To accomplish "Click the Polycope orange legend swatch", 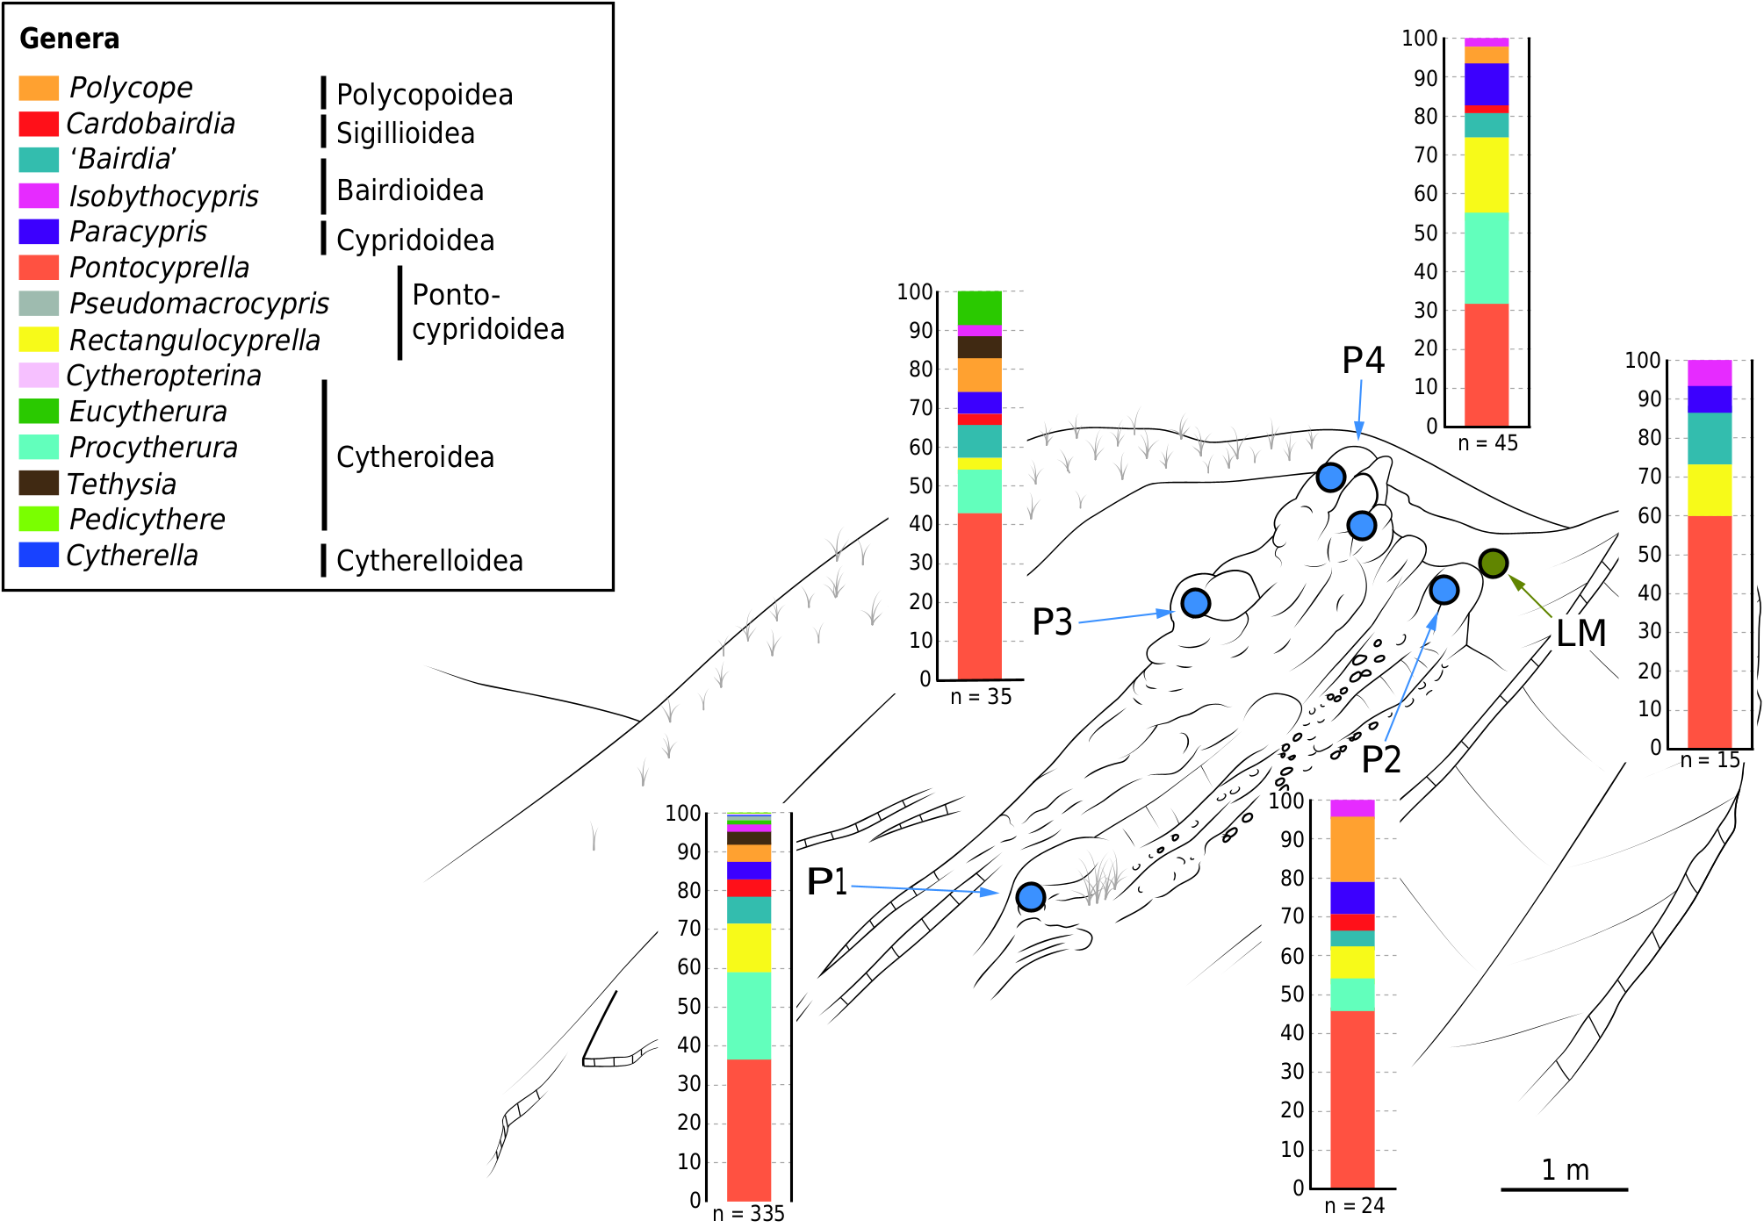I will coord(39,88).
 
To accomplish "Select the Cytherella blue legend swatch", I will coord(39,555).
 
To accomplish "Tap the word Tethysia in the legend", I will coord(122,484).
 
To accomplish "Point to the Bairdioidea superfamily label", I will coord(410,190).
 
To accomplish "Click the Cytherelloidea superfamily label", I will coord(429,561).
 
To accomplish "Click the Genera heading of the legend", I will coord(69,39).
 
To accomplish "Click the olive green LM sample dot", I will coord(1493,563).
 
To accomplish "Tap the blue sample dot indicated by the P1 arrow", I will coord(1030,896).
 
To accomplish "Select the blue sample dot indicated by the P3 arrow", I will coord(1195,603).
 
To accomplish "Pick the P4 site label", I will coord(1363,361).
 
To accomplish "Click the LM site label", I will coord(1580,633).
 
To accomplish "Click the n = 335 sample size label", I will coord(748,1213).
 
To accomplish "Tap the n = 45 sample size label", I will coord(1487,443).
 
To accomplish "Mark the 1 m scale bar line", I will coord(1564,1189).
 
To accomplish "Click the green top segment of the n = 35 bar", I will coord(979,307).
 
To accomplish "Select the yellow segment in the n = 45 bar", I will coord(1486,175).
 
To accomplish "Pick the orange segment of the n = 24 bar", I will coord(1352,849).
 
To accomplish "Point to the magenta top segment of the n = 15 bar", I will coord(1709,372).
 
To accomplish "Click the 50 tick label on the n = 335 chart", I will coord(688,1006).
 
